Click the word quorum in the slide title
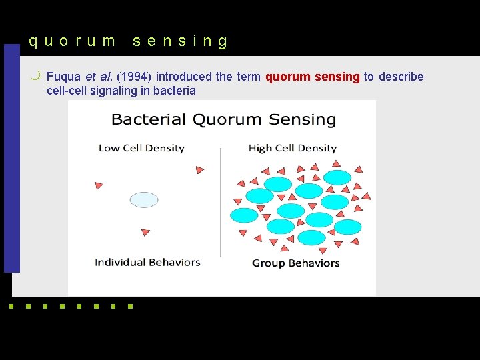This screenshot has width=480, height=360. [72, 41]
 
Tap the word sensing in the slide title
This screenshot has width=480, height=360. [180, 41]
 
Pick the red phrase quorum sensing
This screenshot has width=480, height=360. [313, 77]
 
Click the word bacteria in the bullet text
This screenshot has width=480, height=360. [175, 91]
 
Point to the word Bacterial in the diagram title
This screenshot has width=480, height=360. [149, 120]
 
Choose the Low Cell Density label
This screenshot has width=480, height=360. [141, 148]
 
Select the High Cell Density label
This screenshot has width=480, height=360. [292, 148]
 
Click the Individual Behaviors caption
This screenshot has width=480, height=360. [147, 262]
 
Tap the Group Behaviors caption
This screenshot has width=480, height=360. [296, 263]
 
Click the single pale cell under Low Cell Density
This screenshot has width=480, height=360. [144, 199]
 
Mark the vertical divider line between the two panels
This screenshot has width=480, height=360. [221, 203]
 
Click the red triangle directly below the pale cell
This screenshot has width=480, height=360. [145, 233]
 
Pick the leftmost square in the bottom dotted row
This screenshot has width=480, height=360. [11, 307]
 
